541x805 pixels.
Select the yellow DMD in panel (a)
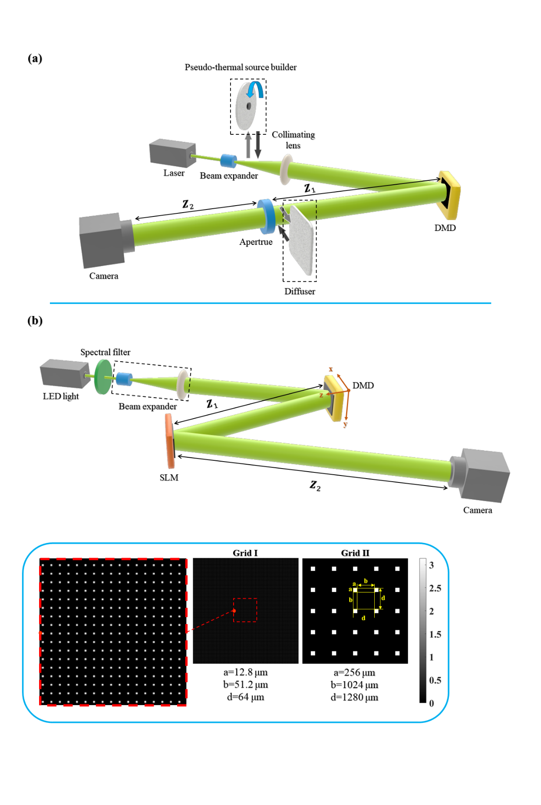pyautogui.click(x=450, y=195)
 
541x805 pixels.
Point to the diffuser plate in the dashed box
pyautogui.click(x=300, y=240)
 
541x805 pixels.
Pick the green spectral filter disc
pyautogui.click(x=103, y=376)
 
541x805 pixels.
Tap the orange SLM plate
pyautogui.click(x=169, y=441)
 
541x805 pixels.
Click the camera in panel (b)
pyautogui.click(x=482, y=475)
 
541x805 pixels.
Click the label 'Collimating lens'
pyautogui.click(x=293, y=140)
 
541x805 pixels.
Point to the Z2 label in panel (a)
pyautogui.click(x=188, y=204)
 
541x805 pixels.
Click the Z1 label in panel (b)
pyautogui.click(x=212, y=404)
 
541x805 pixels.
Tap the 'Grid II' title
pyautogui.click(x=355, y=553)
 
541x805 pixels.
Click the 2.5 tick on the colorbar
pyautogui.click(x=435, y=588)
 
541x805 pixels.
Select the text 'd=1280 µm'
pyautogui.click(x=354, y=697)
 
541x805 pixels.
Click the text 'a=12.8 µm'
pyautogui.click(x=245, y=672)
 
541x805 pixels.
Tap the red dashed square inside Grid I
pyautogui.click(x=245, y=610)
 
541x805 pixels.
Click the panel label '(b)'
pyautogui.click(x=35, y=321)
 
